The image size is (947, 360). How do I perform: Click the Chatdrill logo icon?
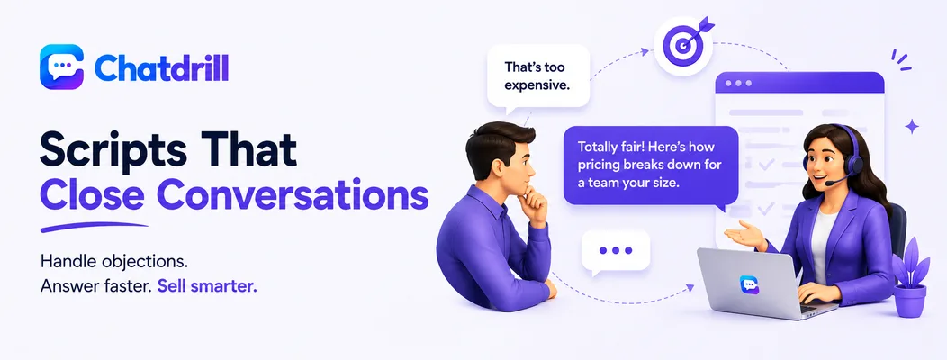[61, 67]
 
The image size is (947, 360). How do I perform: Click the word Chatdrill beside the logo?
[161, 67]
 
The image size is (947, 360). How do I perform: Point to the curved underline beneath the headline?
[94, 227]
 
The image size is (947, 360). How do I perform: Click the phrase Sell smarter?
[207, 286]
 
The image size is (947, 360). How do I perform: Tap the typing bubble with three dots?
[616, 251]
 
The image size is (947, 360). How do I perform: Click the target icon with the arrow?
[683, 46]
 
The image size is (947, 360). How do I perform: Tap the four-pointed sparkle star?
[912, 126]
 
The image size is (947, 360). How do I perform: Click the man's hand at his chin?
[535, 203]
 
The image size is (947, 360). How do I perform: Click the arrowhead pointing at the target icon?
[645, 52]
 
